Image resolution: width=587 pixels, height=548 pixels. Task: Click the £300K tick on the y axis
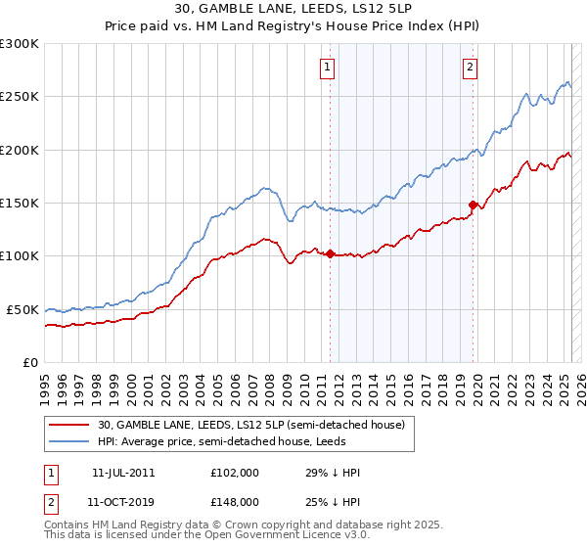point(20,44)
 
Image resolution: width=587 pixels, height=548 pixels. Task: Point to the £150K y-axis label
point(20,203)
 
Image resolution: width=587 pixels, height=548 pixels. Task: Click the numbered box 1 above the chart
point(327,68)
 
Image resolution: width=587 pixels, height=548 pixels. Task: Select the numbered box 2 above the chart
point(471,68)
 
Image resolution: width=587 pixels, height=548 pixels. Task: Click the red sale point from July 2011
point(330,254)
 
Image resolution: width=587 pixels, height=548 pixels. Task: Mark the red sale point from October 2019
point(473,205)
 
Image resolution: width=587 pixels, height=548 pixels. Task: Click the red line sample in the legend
point(68,425)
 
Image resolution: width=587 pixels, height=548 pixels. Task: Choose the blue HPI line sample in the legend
point(68,442)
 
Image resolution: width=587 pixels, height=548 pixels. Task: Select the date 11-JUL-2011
point(123,473)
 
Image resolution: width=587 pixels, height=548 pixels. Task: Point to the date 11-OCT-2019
point(123,501)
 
